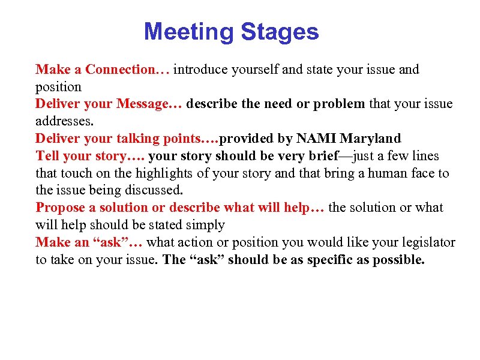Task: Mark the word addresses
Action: point(63,121)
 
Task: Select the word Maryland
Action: point(370,139)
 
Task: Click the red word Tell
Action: point(47,156)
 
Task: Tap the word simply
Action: point(206,226)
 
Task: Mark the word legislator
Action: point(425,243)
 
